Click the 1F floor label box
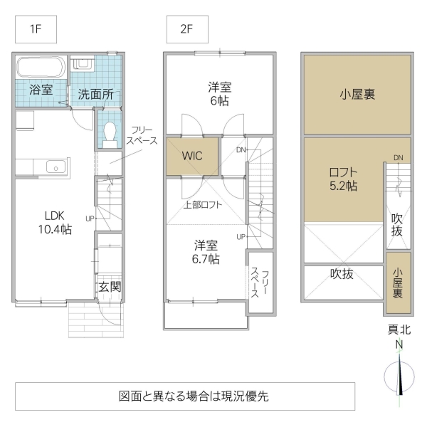(x=35, y=30)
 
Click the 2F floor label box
(x=186, y=30)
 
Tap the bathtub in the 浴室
(x=41, y=68)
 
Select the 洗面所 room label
(x=95, y=94)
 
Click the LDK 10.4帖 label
(x=55, y=222)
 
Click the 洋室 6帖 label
(x=218, y=94)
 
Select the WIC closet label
(x=192, y=156)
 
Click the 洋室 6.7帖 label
(x=207, y=252)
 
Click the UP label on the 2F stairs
(x=241, y=236)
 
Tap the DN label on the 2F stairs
(x=241, y=149)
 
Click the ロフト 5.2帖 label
(x=343, y=179)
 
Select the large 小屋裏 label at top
(x=357, y=94)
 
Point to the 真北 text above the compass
(x=400, y=330)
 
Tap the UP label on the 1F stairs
(x=90, y=218)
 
